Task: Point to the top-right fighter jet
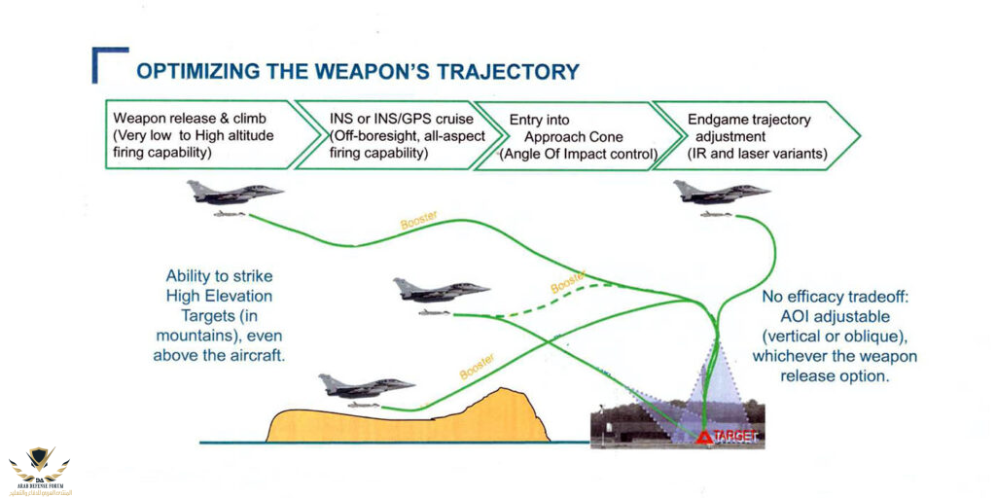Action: (x=721, y=193)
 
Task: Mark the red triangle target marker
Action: (x=704, y=438)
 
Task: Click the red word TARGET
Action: (x=736, y=438)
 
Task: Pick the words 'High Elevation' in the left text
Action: (x=219, y=296)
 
